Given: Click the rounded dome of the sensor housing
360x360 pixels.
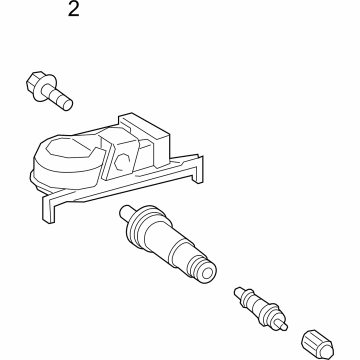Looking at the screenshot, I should tap(70, 150).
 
